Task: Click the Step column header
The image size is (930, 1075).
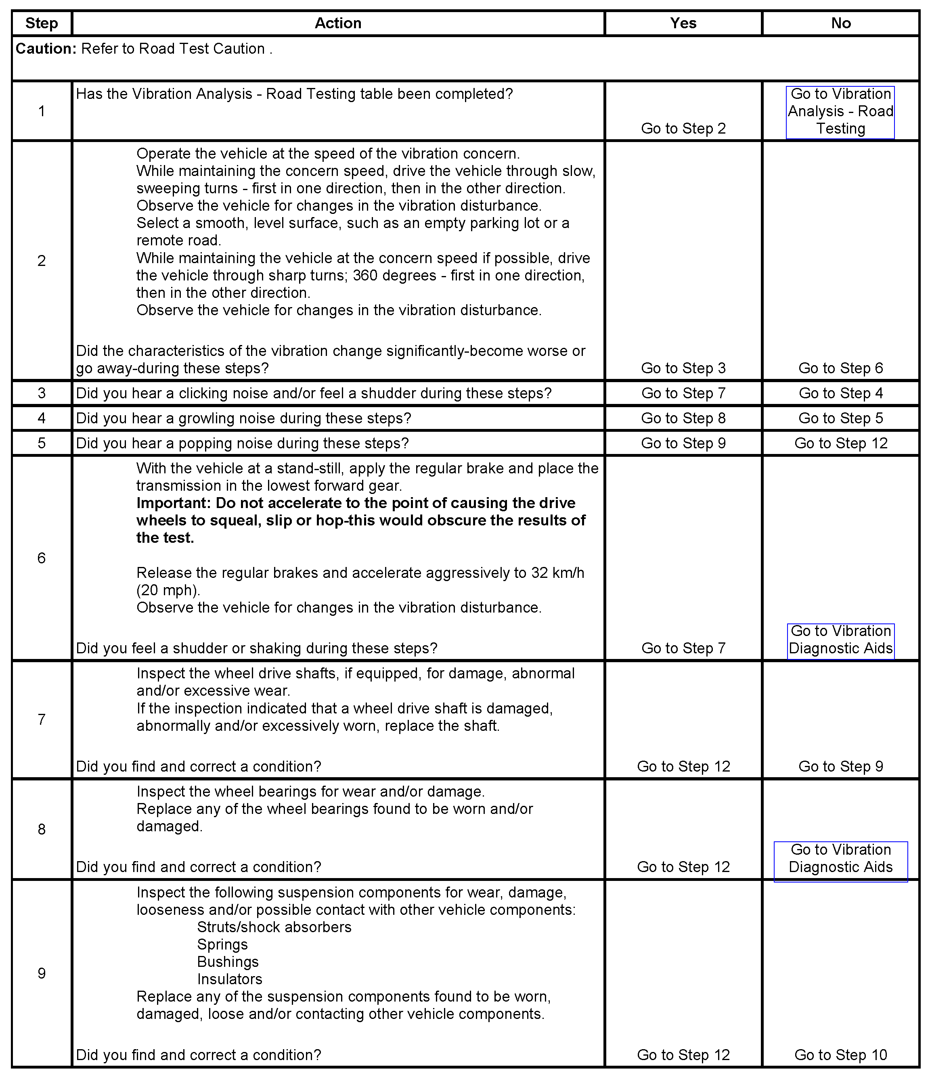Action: tap(42, 23)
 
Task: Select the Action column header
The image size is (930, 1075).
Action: tap(338, 23)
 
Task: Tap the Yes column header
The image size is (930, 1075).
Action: tap(683, 23)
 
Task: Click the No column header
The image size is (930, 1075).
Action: tap(840, 23)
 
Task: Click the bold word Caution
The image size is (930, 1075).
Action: tap(46, 49)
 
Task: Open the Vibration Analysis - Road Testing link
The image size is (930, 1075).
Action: tap(840, 111)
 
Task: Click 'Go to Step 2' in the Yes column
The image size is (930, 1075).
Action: tap(683, 129)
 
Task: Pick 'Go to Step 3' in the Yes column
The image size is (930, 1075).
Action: tap(683, 368)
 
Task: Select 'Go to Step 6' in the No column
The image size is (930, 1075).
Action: tap(840, 368)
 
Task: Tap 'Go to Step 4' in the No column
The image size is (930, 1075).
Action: tap(840, 393)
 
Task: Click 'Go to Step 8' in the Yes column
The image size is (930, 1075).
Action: tap(683, 418)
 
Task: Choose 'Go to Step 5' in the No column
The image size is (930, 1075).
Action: tap(840, 418)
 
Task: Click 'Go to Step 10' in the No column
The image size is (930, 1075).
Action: tap(840, 1055)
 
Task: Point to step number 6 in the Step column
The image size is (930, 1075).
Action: tap(42, 558)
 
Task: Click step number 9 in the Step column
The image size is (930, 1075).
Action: tap(42, 973)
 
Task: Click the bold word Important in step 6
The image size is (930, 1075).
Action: tap(172, 503)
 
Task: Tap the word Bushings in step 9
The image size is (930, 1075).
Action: tap(228, 962)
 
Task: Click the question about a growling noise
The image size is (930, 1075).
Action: tap(243, 418)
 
